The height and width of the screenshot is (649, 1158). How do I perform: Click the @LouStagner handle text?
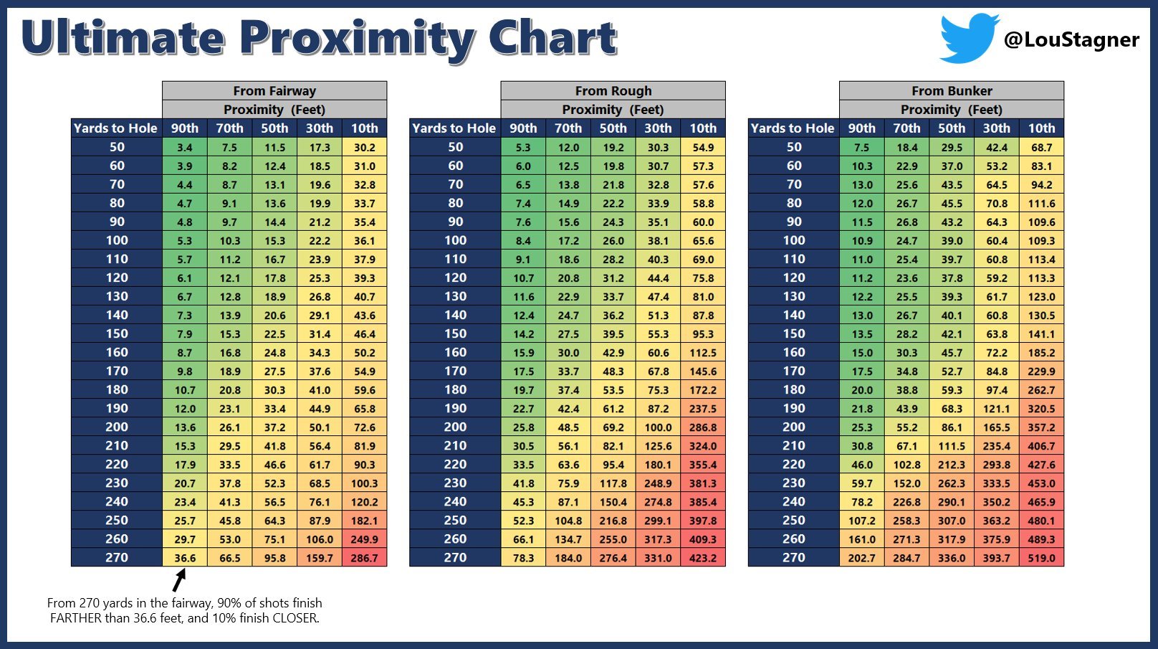click(x=1071, y=39)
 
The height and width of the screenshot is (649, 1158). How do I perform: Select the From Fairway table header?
click(x=274, y=91)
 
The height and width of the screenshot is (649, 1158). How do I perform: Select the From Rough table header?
click(x=613, y=91)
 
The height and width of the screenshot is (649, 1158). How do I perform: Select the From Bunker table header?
click(x=952, y=91)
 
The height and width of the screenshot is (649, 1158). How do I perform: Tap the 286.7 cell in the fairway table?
click(x=364, y=558)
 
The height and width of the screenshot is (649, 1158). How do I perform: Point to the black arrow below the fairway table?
click(x=180, y=579)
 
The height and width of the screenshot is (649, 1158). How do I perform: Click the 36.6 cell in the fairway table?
click(x=185, y=558)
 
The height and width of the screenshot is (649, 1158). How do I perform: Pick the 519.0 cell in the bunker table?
click(x=1041, y=558)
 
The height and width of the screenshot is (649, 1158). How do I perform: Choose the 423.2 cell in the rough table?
click(x=703, y=558)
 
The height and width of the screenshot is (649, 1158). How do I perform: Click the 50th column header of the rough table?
click(x=613, y=128)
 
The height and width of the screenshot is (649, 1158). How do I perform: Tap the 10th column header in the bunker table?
click(x=1041, y=128)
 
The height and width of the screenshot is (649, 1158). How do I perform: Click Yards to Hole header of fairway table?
click(x=116, y=128)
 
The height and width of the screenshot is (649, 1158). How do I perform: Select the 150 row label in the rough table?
click(x=455, y=333)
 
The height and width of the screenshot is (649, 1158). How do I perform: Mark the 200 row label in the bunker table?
click(x=793, y=427)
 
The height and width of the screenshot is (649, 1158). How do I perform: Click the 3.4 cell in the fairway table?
click(x=185, y=147)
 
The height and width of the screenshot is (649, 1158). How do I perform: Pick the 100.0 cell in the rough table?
click(x=658, y=427)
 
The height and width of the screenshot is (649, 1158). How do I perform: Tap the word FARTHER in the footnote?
click(x=76, y=618)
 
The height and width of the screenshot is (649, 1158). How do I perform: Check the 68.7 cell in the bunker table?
click(x=1041, y=147)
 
